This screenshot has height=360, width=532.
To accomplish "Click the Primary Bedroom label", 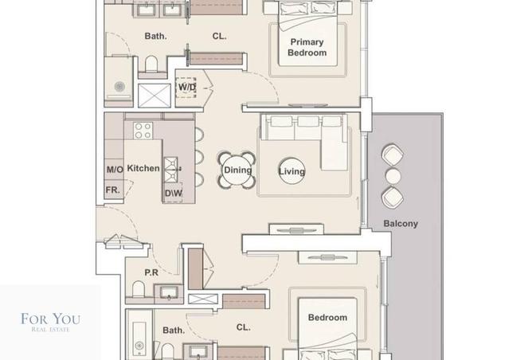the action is point(307,47).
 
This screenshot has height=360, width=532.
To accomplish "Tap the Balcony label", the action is point(401,224).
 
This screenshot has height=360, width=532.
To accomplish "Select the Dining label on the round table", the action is point(237,170).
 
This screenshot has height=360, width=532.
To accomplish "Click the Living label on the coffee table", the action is point(291,171).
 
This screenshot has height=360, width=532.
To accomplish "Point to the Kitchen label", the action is point(143,168).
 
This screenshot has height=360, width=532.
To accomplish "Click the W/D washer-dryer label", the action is point(187,87).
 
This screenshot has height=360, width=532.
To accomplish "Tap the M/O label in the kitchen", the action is point(115,170).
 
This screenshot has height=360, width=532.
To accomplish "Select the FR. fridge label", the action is point(112,190).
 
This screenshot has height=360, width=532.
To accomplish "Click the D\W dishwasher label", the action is point(174,194).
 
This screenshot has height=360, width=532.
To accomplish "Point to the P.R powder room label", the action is point(151,272).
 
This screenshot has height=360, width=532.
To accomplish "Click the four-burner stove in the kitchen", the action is point(143,131).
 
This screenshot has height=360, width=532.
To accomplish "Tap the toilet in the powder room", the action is point(138,289).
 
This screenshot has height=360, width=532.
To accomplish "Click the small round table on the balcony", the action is point(393,176).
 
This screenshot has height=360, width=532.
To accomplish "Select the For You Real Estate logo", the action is point(50,322).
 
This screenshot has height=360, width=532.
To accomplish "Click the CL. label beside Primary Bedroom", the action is point(219,36).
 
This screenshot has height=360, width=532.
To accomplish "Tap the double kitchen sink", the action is point(170,170).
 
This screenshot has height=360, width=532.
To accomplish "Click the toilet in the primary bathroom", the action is point(151,65).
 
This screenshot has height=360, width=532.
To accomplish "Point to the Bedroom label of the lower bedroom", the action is point(327,318).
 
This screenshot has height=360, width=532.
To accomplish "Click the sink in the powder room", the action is point(169,293).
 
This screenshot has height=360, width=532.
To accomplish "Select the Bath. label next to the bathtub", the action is point(174,331).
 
